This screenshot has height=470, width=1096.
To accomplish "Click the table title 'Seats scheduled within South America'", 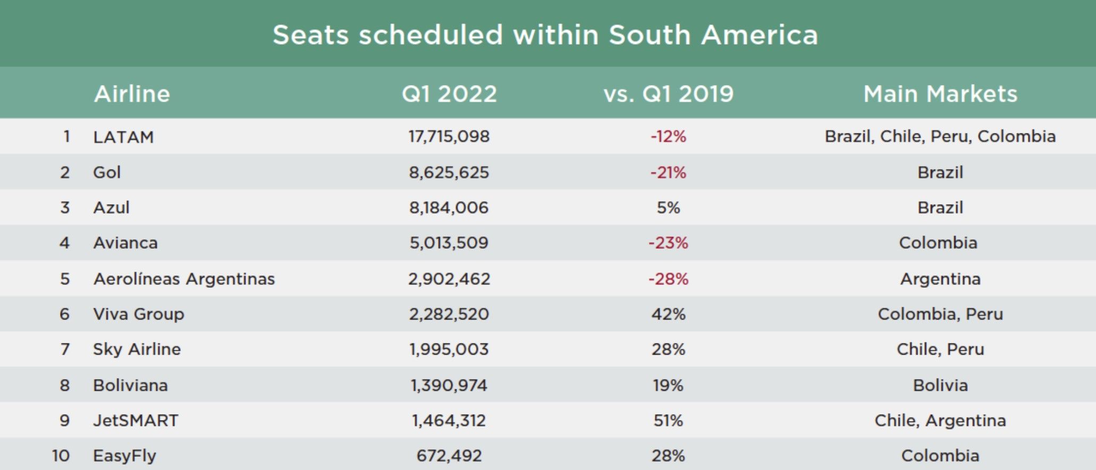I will pyautogui.click(x=545, y=35).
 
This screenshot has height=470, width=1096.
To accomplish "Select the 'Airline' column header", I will pyautogui.click(x=132, y=94).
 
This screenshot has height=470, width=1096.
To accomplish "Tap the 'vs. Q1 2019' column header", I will pyautogui.click(x=668, y=94).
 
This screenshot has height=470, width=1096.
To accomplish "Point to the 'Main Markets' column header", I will pyautogui.click(x=940, y=94).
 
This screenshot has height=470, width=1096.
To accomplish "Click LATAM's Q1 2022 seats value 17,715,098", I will pyautogui.click(x=449, y=137).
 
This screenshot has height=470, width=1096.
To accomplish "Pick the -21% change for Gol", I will pyautogui.click(x=668, y=172).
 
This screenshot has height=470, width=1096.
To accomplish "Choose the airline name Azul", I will pyautogui.click(x=111, y=207).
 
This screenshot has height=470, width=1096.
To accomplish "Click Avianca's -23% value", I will pyautogui.click(x=668, y=243).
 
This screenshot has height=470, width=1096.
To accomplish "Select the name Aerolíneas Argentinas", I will pyautogui.click(x=184, y=279).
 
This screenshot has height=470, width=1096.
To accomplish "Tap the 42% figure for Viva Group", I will pyautogui.click(x=668, y=314).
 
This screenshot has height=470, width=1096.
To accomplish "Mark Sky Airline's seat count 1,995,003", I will pyautogui.click(x=449, y=349).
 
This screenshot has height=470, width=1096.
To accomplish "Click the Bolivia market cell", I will pyautogui.click(x=940, y=385).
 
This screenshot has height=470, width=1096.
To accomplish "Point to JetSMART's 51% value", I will pyautogui.click(x=668, y=421).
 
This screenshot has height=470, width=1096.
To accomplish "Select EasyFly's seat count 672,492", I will pyautogui.click(x=449, y=456).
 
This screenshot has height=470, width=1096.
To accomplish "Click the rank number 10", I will pyautogui.click(x=61, y=456).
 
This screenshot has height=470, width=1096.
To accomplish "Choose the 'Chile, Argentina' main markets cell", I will pyautogui.click(x=940, y=421).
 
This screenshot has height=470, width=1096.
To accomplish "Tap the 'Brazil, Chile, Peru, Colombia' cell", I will pyautogui.click(x=940, y=137).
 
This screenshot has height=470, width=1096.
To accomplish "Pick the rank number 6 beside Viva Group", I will pyautogui.click(x=64, y=314).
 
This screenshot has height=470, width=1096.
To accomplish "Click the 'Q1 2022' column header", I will pyautogui.click(x=449, y=94).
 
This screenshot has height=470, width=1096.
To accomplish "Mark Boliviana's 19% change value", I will pyautogui.click(x=668, y=385).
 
